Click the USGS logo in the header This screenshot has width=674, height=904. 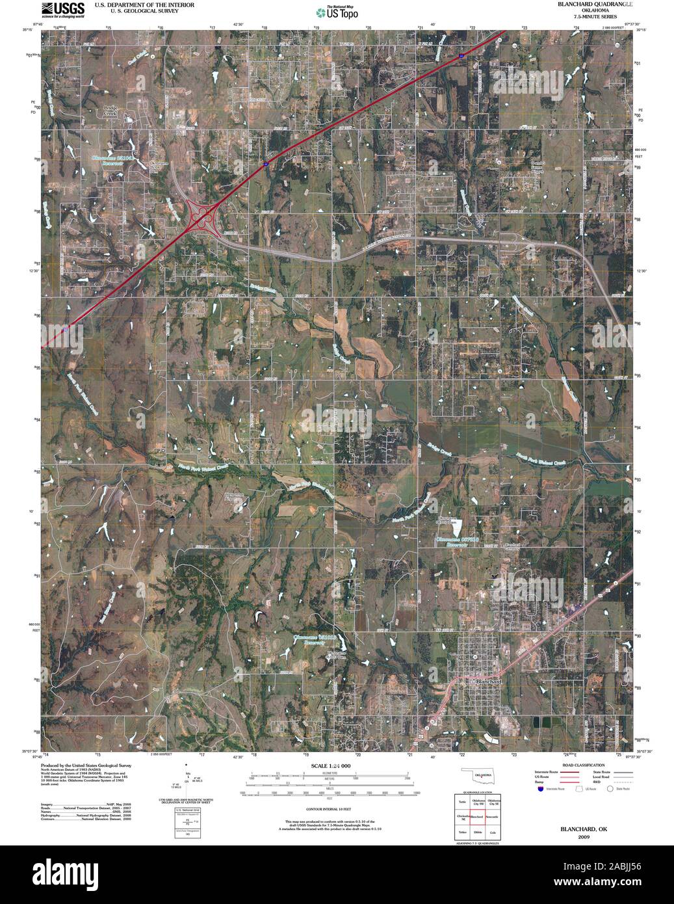coord(62,10)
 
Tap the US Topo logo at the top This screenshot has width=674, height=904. coord(336,12)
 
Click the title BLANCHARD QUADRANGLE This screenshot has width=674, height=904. coord(593,4)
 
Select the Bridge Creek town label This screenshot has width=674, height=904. coord(115,111)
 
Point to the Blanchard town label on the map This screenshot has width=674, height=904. coord(486,681)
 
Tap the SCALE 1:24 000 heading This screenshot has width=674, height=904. coord(330,766)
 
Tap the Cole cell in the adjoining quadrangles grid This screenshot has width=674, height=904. coord(493,832)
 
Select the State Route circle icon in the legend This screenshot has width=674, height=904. coord(610,790)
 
